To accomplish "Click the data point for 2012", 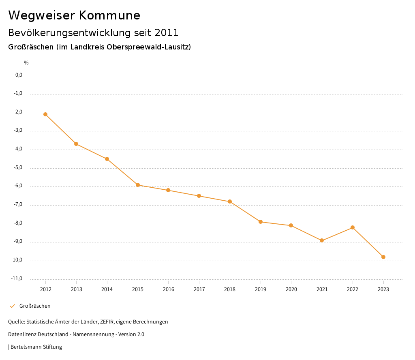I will [x=45, y=114].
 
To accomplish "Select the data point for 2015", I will [x=138, y=185].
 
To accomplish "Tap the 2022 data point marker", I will [x=353, y=227].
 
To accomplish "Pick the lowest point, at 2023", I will [x=383, y=257].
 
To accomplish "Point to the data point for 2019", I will [x=261, y=222].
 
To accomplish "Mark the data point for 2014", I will [x=107, y=159].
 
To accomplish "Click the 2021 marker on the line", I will [x=322, y=240].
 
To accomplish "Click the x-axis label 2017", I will [x=199, y=289].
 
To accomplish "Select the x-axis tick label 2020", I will [x=291, y=289].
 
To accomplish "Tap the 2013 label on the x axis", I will [x=76, y=289].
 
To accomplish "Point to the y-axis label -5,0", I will [x=18, y=167].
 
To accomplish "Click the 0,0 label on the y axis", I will [x=19, y=75].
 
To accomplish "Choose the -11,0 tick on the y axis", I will [x=17, y=279].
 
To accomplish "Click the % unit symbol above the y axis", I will [x=26, y=63].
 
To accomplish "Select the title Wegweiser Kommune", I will [x=74, y=15].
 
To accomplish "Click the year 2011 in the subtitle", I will [x=167, y=32].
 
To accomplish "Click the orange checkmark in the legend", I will [x=12, y=306].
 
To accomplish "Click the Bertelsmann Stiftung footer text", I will [x=36, y=347].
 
